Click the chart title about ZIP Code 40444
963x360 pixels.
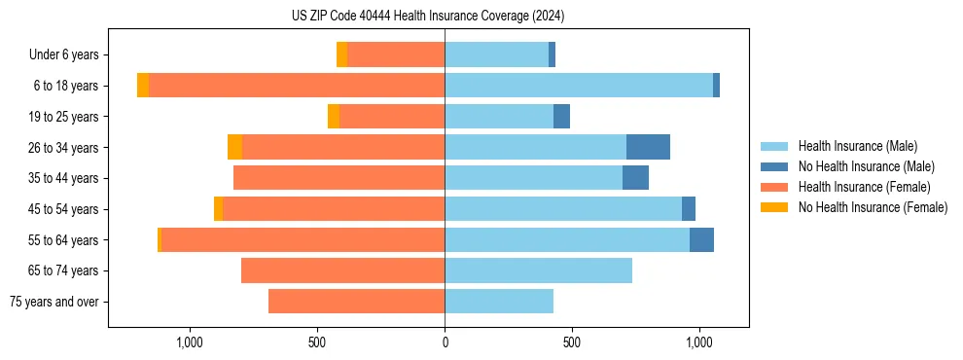428,17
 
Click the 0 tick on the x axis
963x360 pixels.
445,342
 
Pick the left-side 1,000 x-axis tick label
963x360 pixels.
190,342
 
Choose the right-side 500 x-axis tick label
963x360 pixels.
572,342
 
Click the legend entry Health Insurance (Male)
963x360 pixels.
857,146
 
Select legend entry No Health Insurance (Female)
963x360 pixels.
873,207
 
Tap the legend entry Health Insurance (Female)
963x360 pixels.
864,187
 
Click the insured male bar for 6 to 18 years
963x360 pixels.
579,86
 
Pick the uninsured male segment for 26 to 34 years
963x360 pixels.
648,147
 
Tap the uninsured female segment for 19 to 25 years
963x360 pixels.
334,117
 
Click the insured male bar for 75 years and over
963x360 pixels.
499,302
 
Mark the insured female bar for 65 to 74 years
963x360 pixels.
342,270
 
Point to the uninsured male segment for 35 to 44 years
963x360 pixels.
635,178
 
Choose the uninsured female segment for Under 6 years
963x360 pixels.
341,54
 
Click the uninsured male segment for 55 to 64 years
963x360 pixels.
701,239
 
